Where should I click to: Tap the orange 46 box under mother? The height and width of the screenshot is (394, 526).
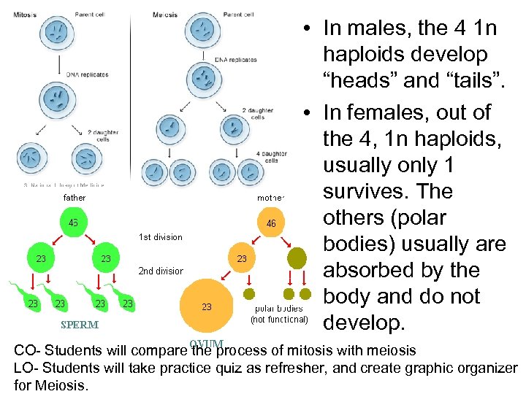(x=271, y=223)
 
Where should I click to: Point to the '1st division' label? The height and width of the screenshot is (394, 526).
(x=160, y=237)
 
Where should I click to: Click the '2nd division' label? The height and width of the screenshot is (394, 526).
(x=161, y=271)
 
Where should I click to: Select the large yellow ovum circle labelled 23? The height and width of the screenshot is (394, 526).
(x=207, y=307)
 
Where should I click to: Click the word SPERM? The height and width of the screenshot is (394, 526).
(x=80, y=325)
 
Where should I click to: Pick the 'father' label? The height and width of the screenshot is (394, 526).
(x=75, y=198)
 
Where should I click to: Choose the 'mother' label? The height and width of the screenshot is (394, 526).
(x=271, y=198)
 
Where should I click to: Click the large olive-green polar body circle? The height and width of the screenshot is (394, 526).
(x=298, y=258)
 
